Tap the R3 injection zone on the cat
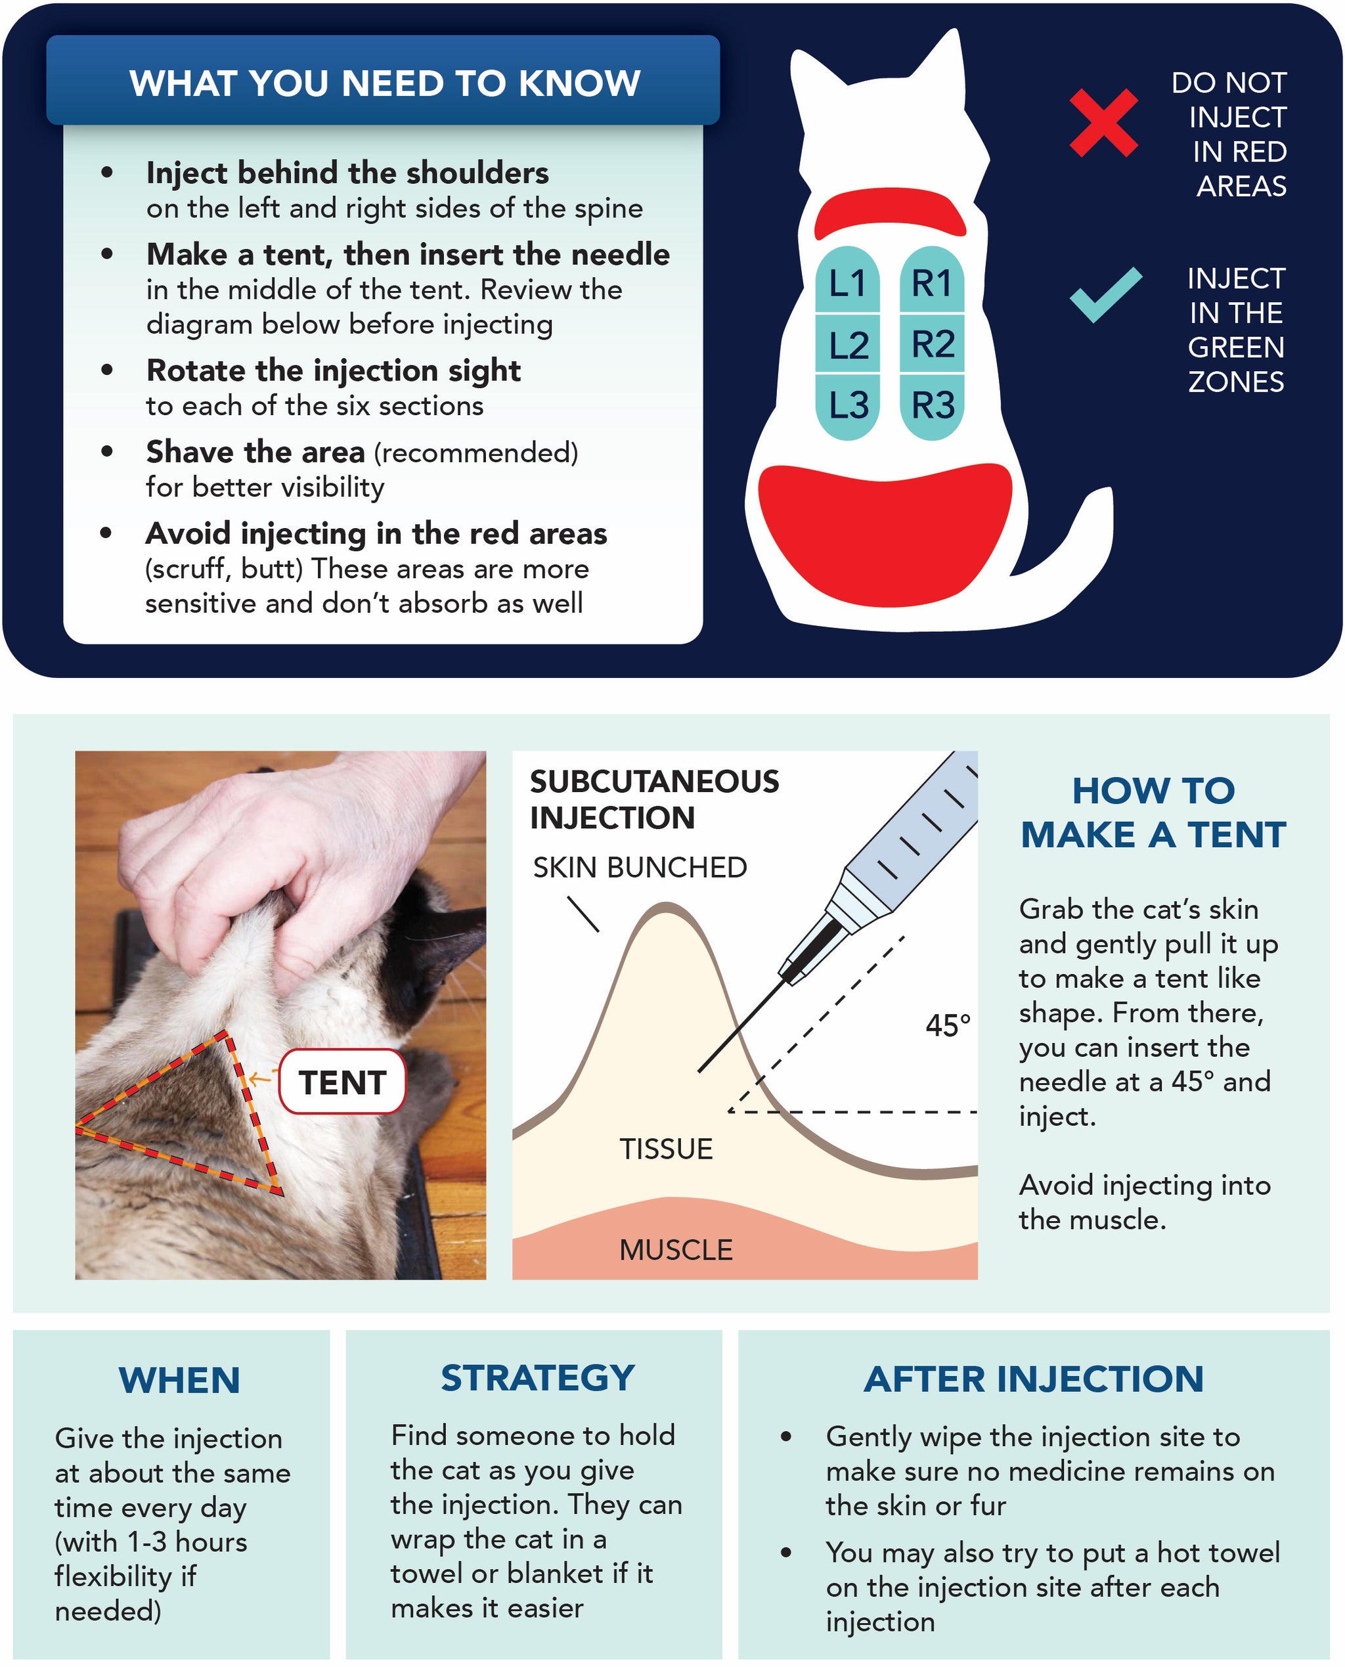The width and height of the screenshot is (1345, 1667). click(x=932, y=405)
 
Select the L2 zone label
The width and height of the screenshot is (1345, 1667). click(x=848, y=345)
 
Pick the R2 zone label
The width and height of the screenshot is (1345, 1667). click(x=932, y=344)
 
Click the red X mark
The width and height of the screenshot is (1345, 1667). click(x=1103, y=122)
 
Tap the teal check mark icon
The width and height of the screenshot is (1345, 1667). click(x=1105, y=296)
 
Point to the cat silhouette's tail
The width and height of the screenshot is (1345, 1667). click(x=1077, y=535)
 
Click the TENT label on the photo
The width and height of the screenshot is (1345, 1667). click(x=342, y=1082)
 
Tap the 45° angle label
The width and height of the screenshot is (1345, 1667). click(x=947, y=1025)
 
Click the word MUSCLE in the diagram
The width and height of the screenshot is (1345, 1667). click(x=675, y=1249)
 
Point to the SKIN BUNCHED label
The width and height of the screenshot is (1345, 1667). click(x=639, y=867)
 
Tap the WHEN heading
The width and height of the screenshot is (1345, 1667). click(x=179, y=1380)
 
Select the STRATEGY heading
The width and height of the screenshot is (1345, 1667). click(x=537, y=1378)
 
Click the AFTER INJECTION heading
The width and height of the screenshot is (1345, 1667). click(x=1033, y=1379)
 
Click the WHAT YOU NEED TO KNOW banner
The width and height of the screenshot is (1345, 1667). click(x=384, y=82)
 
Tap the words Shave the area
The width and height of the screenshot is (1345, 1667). click(x=255, y=452)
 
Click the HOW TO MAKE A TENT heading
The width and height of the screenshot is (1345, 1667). click(x=1152, y=812)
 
